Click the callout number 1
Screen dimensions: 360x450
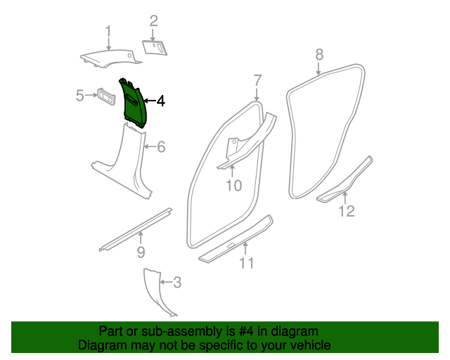click(x=108, y=31)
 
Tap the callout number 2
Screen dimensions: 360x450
click(x=153, y=21)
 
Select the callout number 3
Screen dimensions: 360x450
click(x=177, y=283)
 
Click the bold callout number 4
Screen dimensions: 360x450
click(x=160, y=101)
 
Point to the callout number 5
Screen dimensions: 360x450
click(x=80, y=94)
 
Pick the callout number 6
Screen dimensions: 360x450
click(x=160, y=147)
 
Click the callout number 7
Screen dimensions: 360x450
click(x=257, y=79)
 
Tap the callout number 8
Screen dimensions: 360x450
click(x=319, y=54)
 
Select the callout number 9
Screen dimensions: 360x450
click(x=140, y=251)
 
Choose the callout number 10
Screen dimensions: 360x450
click(x=233, y=186)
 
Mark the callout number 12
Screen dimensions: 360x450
click(x=347, y=210)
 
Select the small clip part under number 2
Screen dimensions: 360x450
click(x=155, y=46)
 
